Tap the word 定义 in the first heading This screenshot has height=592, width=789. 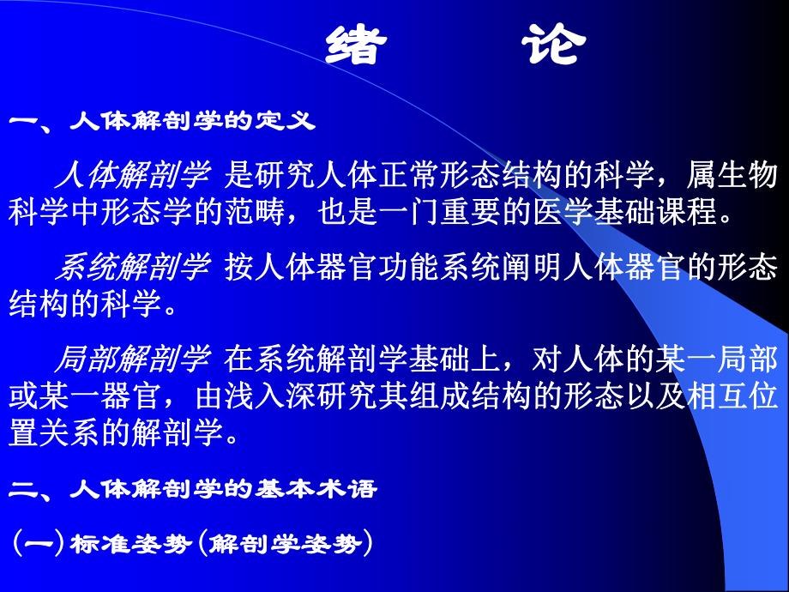click(293, 122)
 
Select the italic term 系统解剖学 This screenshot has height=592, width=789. click(132, 268)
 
